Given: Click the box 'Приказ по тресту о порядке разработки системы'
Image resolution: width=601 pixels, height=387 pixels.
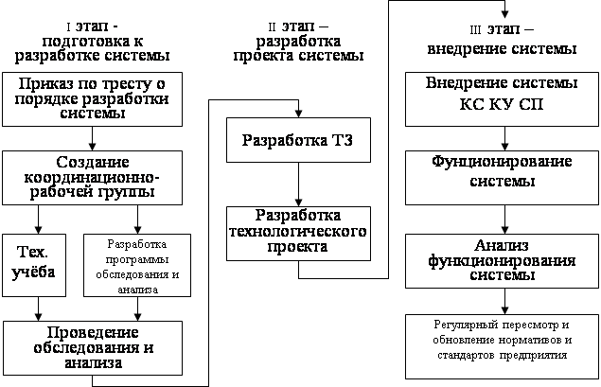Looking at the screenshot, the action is tap(93, 99).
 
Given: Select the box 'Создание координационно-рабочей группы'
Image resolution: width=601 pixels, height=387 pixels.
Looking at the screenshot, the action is tap(93, 177).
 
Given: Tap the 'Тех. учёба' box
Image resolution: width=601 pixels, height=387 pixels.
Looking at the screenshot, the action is tap(34, 265).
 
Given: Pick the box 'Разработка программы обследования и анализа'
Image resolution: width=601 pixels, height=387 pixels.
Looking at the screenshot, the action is tap(137, 265).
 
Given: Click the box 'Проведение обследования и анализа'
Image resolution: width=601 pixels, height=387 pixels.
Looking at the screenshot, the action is tap(93, 348).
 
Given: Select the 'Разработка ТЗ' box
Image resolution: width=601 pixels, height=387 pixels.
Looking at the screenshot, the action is tap(298, 140).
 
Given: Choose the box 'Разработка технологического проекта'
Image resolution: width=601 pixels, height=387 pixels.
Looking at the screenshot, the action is tap(298, 234).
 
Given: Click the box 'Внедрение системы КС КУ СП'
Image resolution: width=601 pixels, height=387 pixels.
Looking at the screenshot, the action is tap(503, 99).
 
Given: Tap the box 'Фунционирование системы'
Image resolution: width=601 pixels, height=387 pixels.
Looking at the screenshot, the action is tap(503, 177).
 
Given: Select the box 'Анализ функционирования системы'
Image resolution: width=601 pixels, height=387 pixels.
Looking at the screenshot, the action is tap(503, 261).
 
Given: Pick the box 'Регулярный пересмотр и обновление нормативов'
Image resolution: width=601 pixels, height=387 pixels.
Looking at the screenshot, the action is tap(503, 346).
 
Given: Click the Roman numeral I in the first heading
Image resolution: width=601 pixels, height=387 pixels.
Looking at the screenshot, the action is tap(68, 27).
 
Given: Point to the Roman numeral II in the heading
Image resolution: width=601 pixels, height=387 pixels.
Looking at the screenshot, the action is tap(272, 27).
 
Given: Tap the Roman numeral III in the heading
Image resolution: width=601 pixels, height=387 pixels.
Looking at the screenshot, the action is tap(475, 30).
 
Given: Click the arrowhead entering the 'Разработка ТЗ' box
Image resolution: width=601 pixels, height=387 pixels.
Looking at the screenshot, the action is tap(298, 114).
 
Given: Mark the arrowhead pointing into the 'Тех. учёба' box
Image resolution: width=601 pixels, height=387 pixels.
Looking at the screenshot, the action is tap(38, 230).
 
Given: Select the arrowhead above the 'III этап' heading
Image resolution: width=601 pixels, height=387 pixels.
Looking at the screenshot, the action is tap(504, 14).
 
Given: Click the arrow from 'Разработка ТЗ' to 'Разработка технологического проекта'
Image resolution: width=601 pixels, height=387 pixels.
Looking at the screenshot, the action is tap(298, 185).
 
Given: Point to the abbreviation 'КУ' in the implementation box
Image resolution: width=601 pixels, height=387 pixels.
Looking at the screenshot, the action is tap(502, 104).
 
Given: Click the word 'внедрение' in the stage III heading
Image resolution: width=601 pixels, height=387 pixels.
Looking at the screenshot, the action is tap(467, 49).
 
